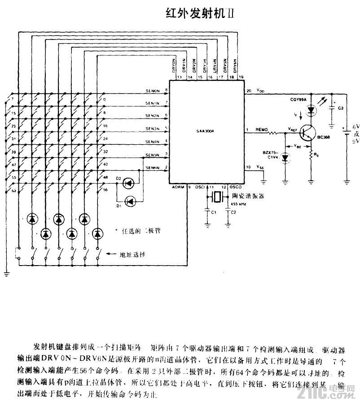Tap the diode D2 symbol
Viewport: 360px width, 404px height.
[129, 183]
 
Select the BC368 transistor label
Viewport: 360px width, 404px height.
[324, 137]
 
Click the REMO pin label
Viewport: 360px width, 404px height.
[261, 129]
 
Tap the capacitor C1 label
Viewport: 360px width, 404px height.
[214, 211]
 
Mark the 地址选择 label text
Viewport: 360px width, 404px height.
[132, 254]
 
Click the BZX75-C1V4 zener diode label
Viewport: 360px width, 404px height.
[272, 155]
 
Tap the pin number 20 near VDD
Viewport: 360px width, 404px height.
[249, 91]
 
